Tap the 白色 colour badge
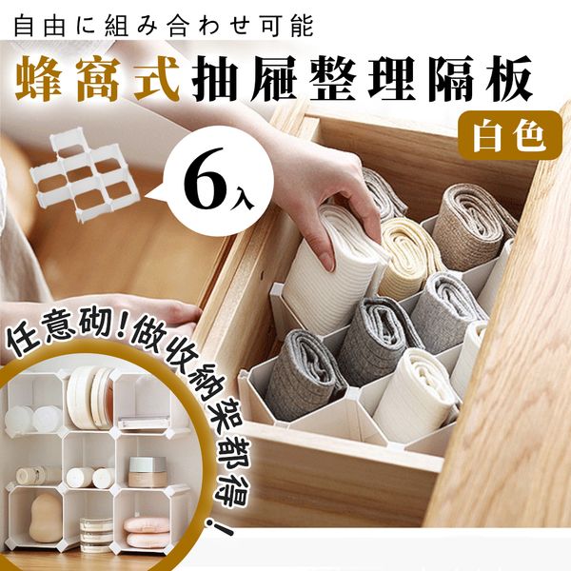pos(510,135)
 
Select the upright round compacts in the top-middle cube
pos(90,398)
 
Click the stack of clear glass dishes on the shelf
pos(96,534)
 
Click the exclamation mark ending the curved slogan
pos(219,527)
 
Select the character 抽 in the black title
pos(218,78)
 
